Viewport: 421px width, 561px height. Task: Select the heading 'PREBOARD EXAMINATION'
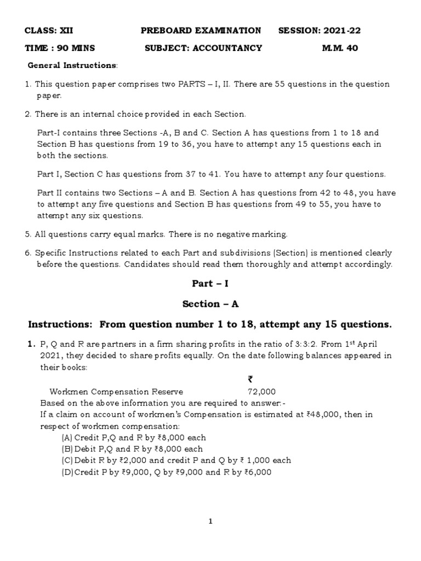point(201,30)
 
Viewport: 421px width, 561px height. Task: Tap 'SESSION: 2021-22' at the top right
point(320,30)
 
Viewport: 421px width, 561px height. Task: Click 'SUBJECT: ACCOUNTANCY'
point(203,48)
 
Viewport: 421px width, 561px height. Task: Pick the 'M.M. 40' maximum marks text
point(340,48)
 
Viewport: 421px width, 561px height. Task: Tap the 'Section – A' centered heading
point(211,304)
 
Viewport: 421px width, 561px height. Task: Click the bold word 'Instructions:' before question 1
point(62,324)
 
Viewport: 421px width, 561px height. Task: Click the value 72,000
point(262,392)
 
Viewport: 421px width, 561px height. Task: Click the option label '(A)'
point(67,438)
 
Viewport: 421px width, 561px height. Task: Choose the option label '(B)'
point(67,449)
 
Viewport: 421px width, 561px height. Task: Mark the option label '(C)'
point(67,460)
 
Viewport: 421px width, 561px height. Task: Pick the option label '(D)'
point(67,472)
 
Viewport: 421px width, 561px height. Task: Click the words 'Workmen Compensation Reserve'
point(116,392)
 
